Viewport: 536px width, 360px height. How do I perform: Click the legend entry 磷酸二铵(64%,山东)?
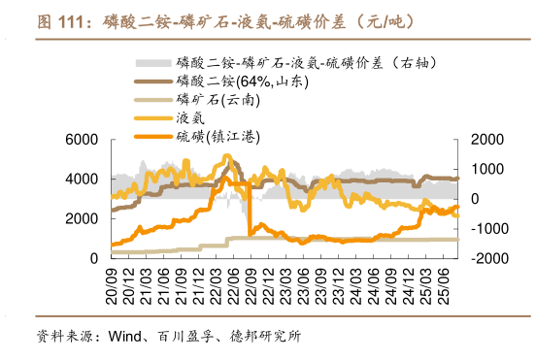pos(232,82)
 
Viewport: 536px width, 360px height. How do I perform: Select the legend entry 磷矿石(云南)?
pos(215,100)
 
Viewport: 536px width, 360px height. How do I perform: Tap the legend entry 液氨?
pos(190,118)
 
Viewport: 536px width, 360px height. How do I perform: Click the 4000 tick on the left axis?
pos(83,180)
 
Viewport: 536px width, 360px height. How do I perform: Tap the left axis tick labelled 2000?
pos(83,219)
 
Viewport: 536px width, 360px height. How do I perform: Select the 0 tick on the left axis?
pos(93,259)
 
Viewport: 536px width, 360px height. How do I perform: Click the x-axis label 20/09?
pos(115,282)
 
